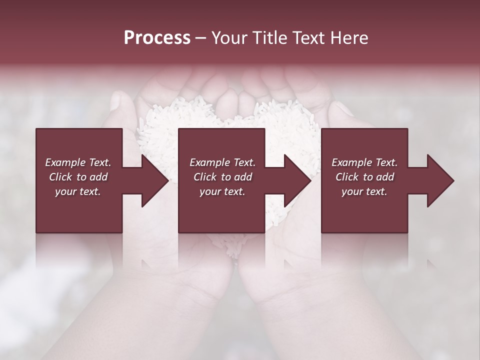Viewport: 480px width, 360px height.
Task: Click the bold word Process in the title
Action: coord(157,38)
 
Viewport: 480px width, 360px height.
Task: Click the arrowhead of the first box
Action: coord(155,180)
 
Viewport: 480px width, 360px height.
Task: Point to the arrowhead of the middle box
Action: coord(298,180)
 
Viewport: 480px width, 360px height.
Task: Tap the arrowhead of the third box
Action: coord(440,180)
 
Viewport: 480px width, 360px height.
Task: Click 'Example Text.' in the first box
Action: coord(78,162)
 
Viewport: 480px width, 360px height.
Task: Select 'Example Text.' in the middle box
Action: coord(222,162)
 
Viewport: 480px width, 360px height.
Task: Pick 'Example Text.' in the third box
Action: coord(364,162)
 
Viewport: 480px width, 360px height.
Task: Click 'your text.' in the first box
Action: coord(78,191)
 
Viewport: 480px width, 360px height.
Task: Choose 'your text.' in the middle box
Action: coord(222,191)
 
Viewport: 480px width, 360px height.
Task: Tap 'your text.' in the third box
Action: coord(364,191)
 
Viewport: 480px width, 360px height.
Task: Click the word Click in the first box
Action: coord(60,177)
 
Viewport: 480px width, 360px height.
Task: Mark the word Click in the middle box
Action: coord(205,177)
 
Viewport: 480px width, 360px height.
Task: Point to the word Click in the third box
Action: coord(347,177)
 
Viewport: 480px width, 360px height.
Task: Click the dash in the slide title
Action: coord(200,38)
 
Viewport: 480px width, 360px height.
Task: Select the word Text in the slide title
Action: coord(308,38)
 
